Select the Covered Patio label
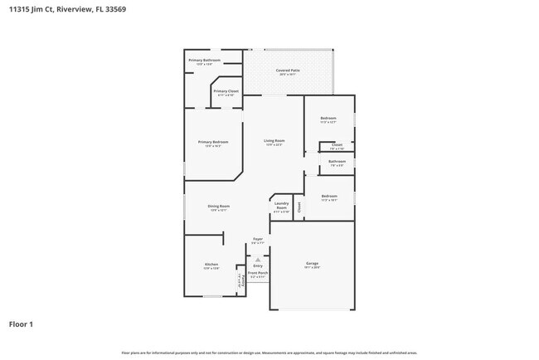(288, 71)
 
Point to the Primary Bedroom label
(213, 143)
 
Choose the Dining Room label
(219, 206)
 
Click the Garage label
(312, 265)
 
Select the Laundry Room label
(281, 205)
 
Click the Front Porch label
(258, 273)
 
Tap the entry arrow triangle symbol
(258, 259)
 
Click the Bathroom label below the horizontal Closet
(337, 161)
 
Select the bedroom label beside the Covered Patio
(328, 119)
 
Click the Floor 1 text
(21, 324)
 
